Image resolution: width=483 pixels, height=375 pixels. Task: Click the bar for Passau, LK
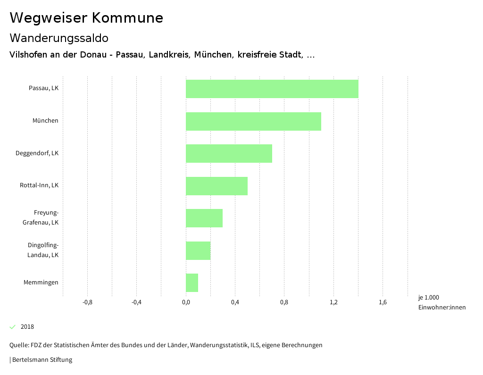(x=272, y=89)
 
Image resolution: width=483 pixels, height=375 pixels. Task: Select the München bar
(x=253, y=121)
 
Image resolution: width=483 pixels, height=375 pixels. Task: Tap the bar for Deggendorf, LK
(x=229, y=153)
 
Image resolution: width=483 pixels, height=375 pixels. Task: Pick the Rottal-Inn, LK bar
(x=217, y=186)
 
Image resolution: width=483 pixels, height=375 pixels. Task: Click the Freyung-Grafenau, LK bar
(x=204, y=218)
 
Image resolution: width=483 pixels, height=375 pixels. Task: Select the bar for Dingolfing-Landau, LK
(x=198, y=250)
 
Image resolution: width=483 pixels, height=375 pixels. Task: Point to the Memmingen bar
(x=192, y=283)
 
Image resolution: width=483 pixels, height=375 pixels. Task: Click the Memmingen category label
(x=41, y=283)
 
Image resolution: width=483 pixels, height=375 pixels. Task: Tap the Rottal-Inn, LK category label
(x=39, y=185)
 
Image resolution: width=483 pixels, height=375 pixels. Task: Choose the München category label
(x=45, y=121)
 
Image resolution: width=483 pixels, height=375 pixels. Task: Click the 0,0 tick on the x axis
(x=186, y=302)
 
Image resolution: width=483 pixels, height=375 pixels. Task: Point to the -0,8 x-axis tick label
(x=87, y=302)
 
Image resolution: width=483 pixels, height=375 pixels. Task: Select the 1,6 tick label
(x=383, y=302)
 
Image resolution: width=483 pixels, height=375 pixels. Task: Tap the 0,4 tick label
(x=235, y=302)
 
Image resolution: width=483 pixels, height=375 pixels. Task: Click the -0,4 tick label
(x=136, y=302)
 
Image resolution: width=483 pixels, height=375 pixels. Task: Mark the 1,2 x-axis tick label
(x=333, y=302)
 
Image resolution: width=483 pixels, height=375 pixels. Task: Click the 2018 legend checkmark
(x=13, y=327)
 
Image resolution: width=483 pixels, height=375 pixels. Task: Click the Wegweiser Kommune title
(x=86, y=18)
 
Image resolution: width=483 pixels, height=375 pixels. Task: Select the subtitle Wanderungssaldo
(x=59, y=38)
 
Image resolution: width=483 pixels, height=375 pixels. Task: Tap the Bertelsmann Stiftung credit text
(x=42, y=360)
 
